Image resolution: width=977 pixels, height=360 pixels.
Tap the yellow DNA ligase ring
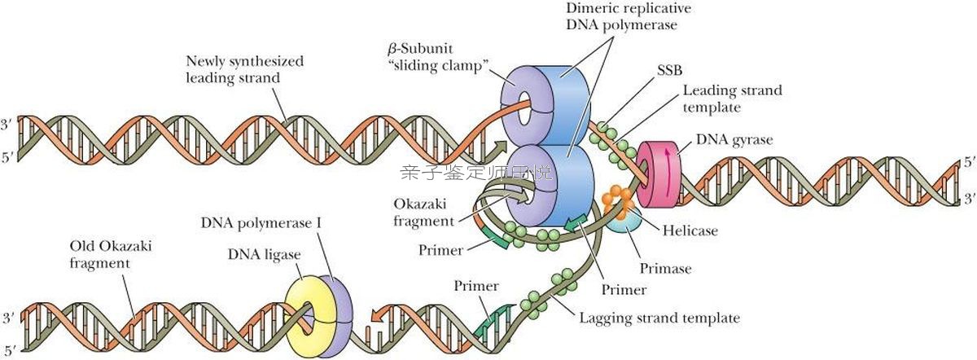tap(301, 315)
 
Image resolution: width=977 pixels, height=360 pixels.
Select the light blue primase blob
tap(624, 220)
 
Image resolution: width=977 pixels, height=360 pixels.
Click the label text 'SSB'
tap(669, 70)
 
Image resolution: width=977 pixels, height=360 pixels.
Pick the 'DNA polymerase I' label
tap(261, 223)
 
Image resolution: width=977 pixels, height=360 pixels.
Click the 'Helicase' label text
tap(690, 230)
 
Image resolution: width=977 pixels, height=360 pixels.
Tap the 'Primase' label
tap(665, 268)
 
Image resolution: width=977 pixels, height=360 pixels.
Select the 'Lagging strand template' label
tap(659, 318)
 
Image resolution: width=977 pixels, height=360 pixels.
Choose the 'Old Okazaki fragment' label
tap(111, 254)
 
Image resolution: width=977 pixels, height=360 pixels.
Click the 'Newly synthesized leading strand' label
tap(244, 69)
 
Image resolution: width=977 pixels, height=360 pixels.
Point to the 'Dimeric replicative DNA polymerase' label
tap(628, 16)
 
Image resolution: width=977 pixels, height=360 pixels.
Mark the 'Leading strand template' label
tap(732, 99)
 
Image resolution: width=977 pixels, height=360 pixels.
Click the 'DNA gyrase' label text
tap(734, 139)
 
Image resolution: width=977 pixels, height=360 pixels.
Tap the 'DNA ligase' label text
tap(264, 254)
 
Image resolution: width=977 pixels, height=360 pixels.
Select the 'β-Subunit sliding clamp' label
tap(436, 57)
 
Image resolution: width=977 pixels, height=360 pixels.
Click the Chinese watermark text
tap(476, 173)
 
